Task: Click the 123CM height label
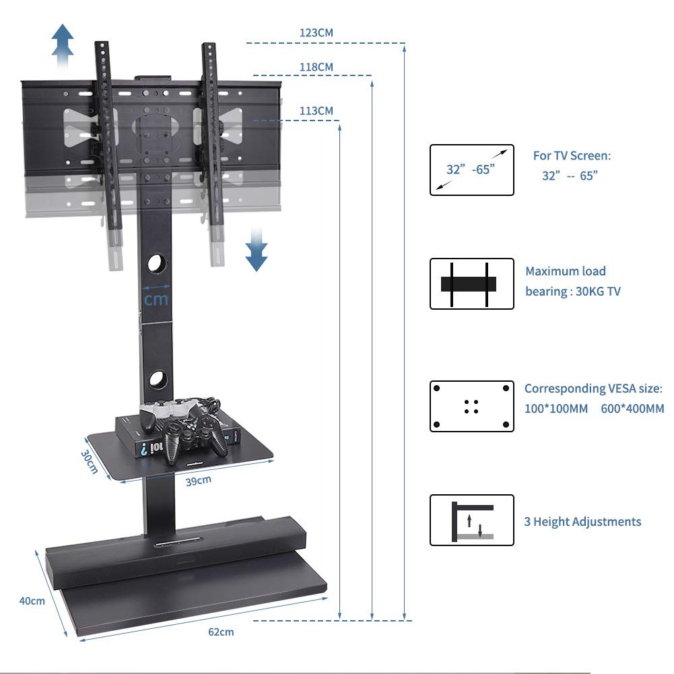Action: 316,32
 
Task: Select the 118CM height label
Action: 316,67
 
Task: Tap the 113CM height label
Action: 316,111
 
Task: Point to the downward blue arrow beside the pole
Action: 256,248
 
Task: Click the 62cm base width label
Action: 221,632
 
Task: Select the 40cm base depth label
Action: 32,600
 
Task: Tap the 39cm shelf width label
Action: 199,480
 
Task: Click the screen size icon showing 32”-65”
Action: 471,170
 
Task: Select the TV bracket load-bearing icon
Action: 471,283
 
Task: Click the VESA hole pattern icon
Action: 471,406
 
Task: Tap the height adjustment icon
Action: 471,520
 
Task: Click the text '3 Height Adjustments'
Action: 582,522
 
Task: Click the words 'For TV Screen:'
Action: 572,156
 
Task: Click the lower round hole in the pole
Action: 157,378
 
